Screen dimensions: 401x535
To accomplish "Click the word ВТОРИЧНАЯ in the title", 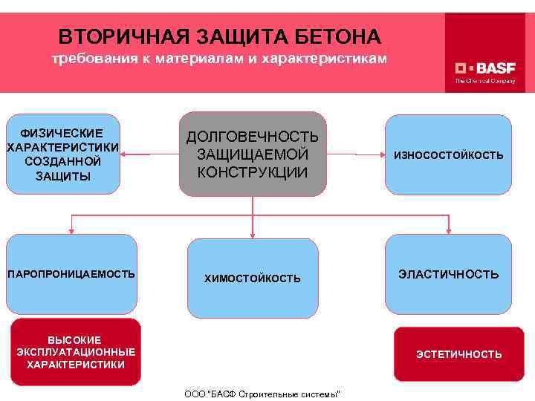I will point(115,36).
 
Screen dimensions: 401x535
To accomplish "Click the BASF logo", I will point(485,65).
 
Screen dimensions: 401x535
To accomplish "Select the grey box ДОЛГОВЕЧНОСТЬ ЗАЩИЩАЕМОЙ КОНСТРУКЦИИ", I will point(253,154).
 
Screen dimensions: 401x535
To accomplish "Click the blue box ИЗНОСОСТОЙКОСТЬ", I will point(448,154).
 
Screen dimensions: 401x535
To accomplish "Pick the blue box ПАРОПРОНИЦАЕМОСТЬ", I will point(71,274).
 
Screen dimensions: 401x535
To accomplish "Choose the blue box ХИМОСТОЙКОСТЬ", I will point(253,278).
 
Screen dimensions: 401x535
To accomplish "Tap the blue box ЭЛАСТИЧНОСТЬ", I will point(448,274).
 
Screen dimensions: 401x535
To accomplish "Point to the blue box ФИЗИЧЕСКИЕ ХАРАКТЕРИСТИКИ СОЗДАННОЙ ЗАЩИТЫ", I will point(62,154).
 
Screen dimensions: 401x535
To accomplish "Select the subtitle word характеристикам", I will point(329,59).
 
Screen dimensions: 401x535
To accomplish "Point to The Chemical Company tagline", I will point(485,81).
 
